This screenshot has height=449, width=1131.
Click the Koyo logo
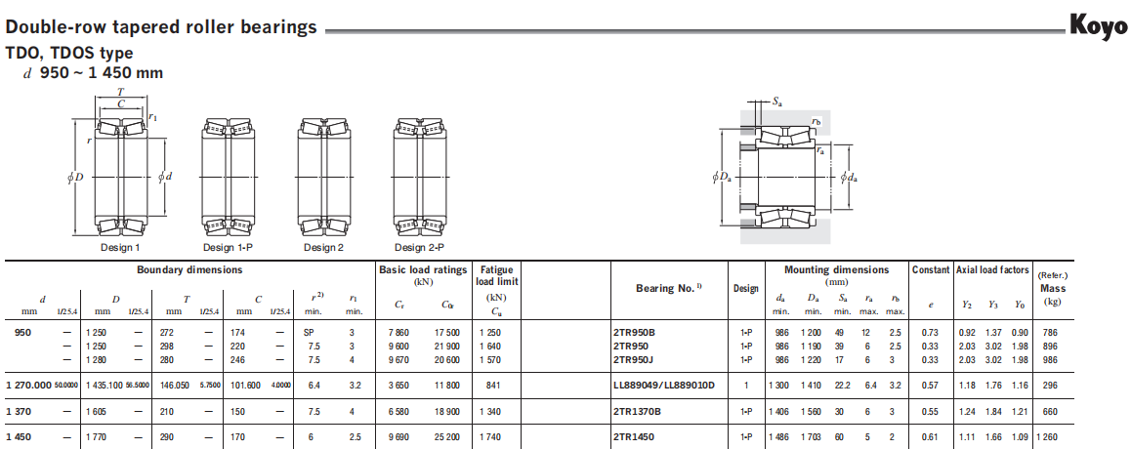(x=1098, y=27)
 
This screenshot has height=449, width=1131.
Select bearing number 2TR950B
(x=636, y=332)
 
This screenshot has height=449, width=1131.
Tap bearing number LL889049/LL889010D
(x=663, y=386)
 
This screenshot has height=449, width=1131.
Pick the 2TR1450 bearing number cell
(x=634, y=436)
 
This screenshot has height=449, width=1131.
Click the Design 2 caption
(x=324, y=248)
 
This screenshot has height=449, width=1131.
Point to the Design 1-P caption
(x=228, y=248)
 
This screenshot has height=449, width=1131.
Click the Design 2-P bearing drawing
(x=420, y=178)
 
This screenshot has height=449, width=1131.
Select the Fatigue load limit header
(x=495, y=276)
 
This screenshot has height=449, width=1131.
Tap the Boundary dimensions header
(x=189, y=270)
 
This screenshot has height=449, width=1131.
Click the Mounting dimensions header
(x=837, y=270)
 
